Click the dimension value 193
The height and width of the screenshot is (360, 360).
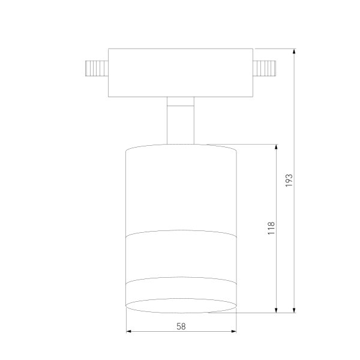[289, 181]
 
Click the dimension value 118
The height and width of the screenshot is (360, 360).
[271, 228]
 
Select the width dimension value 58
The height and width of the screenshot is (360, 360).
[181, 326]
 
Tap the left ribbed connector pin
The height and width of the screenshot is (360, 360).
[97, 68]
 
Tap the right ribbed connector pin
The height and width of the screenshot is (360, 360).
[264, 68]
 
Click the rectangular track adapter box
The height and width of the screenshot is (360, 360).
[181, 73]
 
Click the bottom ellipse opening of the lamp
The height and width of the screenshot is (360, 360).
[181, 305]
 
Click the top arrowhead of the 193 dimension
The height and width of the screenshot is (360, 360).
[294, 51]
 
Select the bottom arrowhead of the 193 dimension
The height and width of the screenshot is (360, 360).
[294, 310]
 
